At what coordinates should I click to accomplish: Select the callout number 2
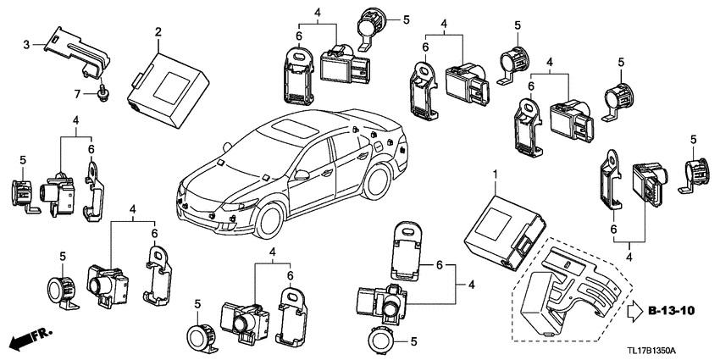[x=157, y=31]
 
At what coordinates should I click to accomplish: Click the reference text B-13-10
[x=675, y=311]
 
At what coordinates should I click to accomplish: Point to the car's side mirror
[x=302, y=176]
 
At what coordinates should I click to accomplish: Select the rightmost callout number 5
[x=694, y=139]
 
